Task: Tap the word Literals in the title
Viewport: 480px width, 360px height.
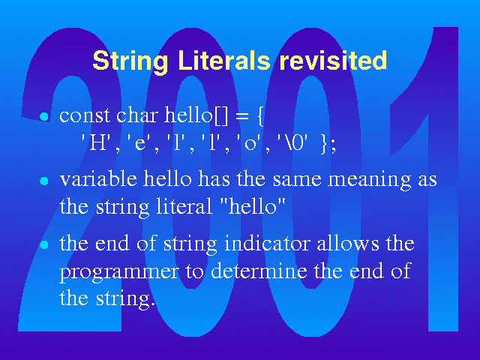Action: tap(223, 60)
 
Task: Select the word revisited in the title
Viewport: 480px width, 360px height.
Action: tap(333, 60)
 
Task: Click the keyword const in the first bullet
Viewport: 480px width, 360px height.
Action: tap(85, 116)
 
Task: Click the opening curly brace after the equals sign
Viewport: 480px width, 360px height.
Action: tap(260, 116)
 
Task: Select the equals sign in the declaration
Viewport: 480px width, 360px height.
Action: tap(242, 116)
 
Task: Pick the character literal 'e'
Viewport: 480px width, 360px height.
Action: tap(139, 142)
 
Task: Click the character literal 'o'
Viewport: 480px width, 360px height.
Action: tap(250, 142)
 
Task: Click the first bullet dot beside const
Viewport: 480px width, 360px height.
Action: tap(44, 117)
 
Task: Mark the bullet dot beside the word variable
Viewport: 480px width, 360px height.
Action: tap(44, 181)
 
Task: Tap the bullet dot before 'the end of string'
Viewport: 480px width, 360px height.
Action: tap(44, 245)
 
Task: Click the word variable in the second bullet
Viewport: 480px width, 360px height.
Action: tap(98, 178)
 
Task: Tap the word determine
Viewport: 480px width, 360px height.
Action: tap(259, 270)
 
